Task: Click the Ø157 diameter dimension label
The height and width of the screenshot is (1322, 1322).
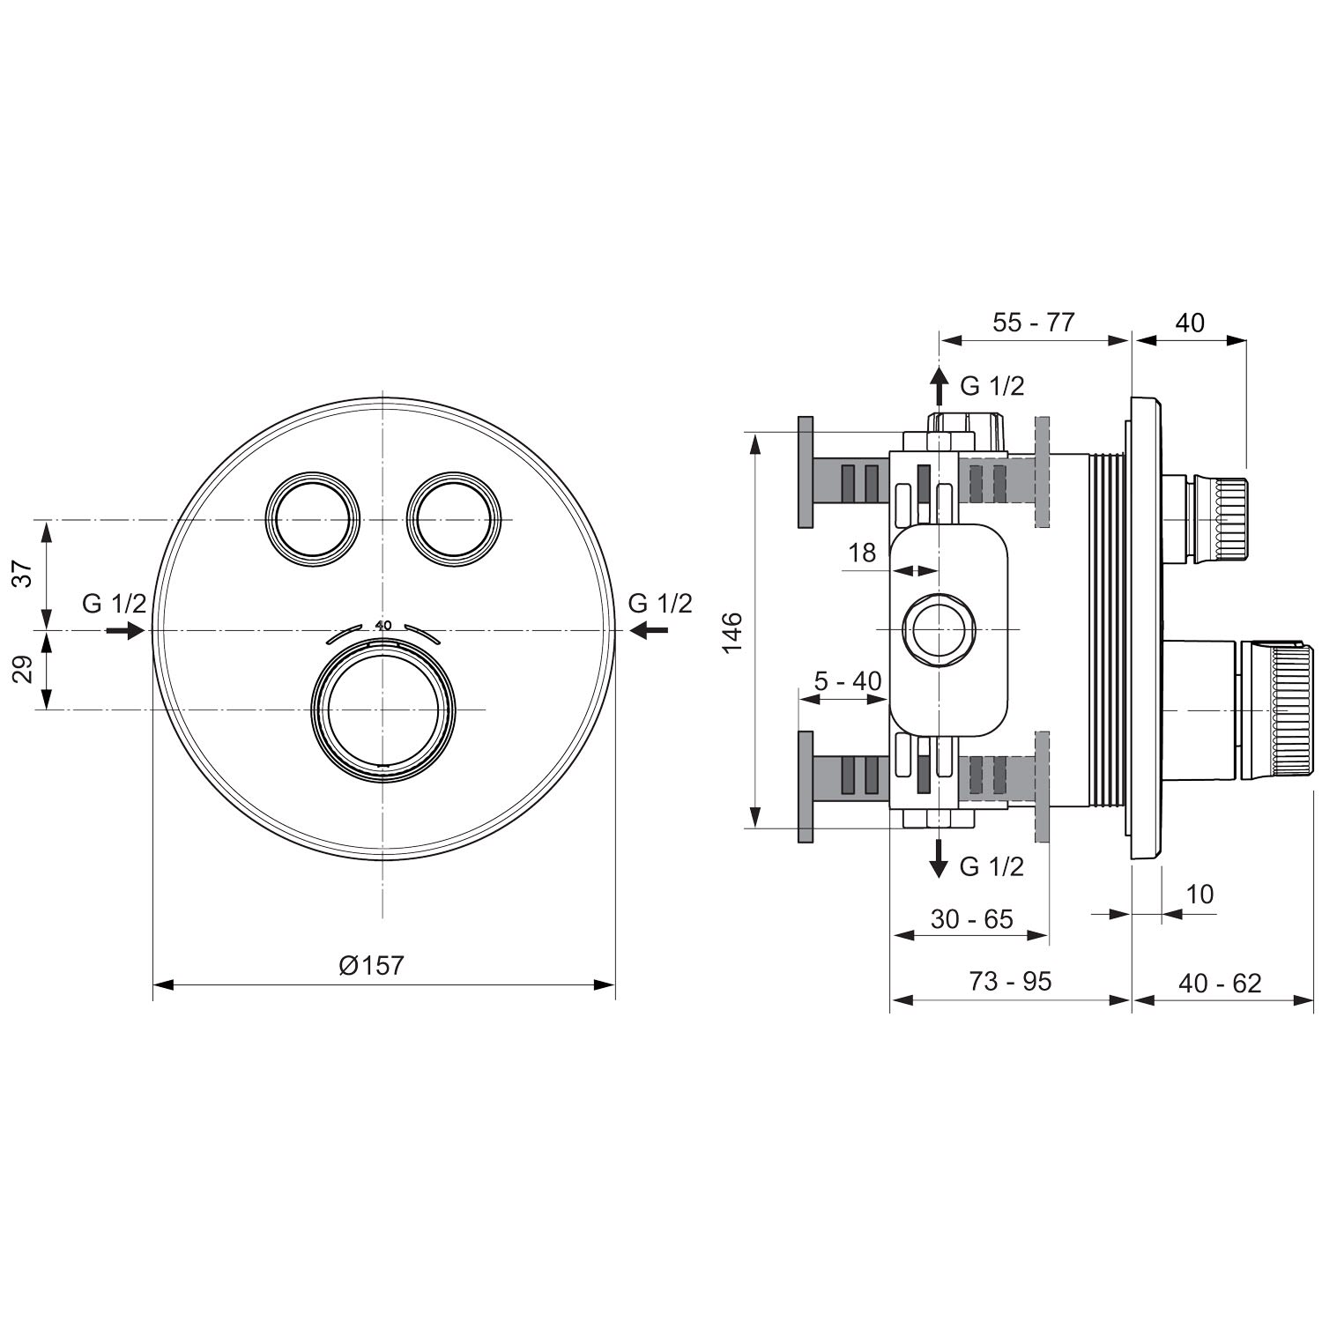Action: pos(371,965)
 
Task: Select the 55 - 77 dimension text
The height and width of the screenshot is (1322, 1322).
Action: pos(1034,323)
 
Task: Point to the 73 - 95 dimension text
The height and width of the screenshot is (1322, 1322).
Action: pos(1011,981)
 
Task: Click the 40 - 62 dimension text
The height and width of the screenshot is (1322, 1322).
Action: pos(1221,983)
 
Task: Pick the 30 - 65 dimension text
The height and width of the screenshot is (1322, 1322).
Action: pos(972,919)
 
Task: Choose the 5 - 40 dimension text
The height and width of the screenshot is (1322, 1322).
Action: pos(847,681)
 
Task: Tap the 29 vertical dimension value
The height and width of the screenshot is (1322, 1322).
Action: pos(26,669)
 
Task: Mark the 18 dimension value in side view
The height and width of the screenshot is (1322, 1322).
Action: pos(862,553)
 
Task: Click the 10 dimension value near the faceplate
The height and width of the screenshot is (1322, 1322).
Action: pos(1199,894)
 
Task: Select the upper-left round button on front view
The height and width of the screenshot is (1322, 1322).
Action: pos(314,519)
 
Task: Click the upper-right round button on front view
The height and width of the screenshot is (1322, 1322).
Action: pos(453,519)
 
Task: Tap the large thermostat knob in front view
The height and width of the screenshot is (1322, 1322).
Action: pos(383,710)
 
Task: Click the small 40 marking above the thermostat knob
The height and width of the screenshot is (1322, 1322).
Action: pos(382,625)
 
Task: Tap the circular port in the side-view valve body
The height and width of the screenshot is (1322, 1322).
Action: pos(940,630)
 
